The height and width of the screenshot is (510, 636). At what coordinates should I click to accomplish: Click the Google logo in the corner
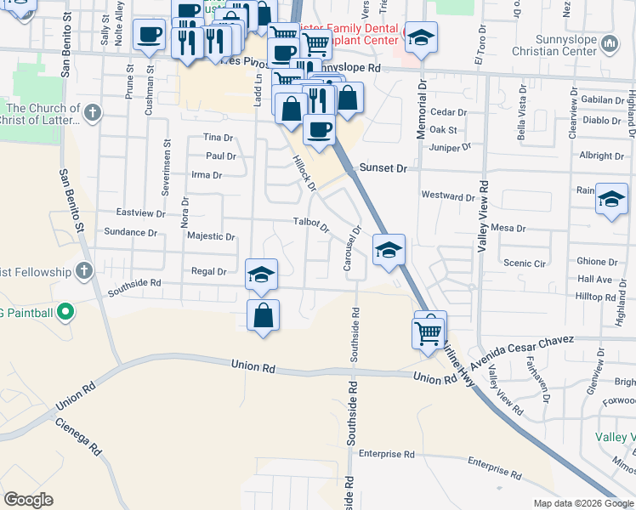[28, 500]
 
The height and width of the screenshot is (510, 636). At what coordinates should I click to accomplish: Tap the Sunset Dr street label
[383, 168]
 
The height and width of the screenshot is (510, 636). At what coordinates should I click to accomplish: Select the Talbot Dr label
[310, 225]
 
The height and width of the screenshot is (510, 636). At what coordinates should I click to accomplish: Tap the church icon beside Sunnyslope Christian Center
[609, 43]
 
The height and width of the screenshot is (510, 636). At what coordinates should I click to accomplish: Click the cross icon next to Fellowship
[83, 271]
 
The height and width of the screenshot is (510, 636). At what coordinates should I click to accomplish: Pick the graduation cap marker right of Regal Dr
[262, 274]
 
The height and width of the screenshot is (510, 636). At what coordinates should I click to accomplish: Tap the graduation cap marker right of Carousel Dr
[389, 249]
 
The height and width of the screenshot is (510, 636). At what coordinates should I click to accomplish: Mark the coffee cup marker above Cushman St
[150, 35]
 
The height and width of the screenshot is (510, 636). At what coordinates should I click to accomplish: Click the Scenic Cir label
[524, 263]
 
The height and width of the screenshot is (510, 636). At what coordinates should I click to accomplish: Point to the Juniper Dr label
[451, 147]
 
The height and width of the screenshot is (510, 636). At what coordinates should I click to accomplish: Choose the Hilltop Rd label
[594, 297]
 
